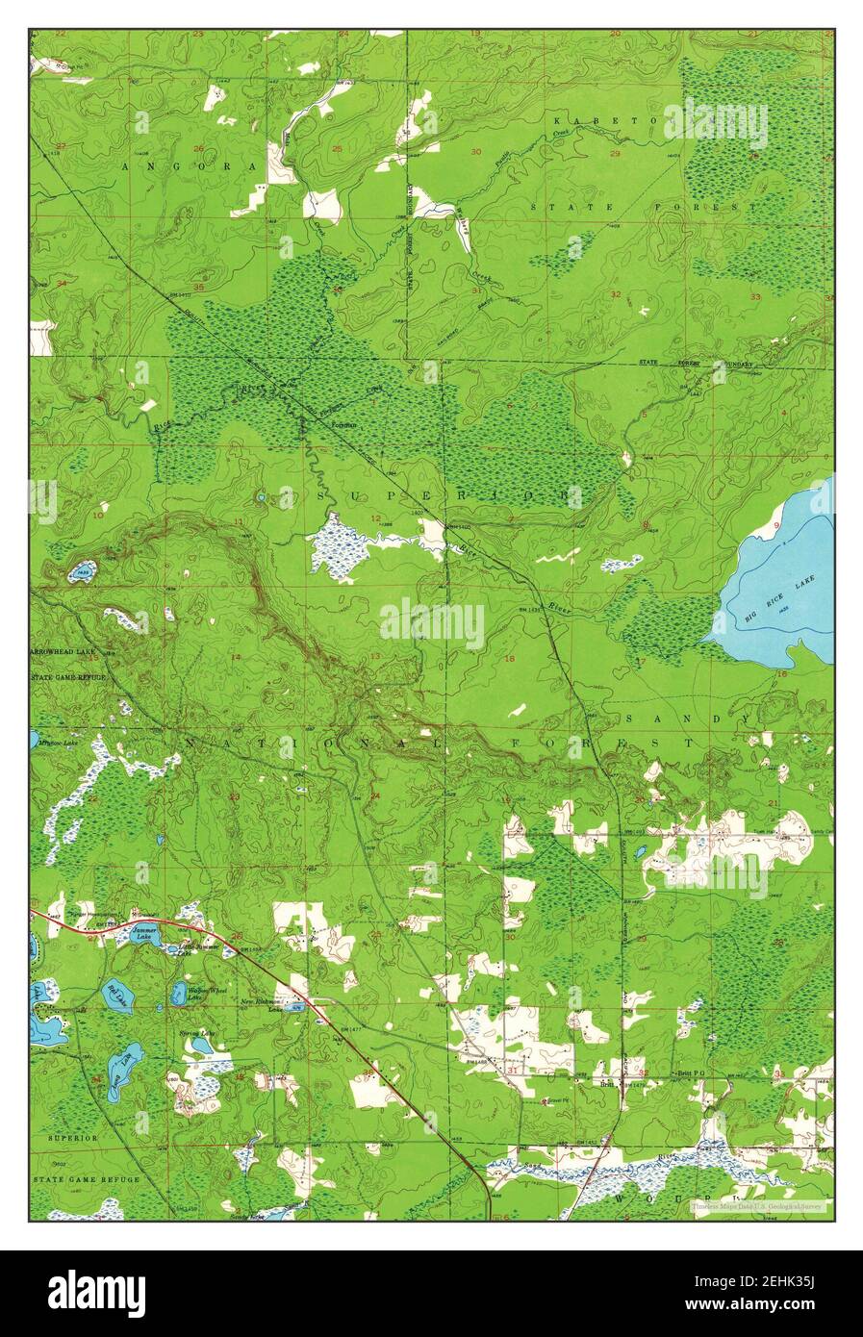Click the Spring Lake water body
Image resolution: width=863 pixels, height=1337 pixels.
click(200, 1045)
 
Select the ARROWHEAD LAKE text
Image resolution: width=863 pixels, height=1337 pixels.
click(63, 651)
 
